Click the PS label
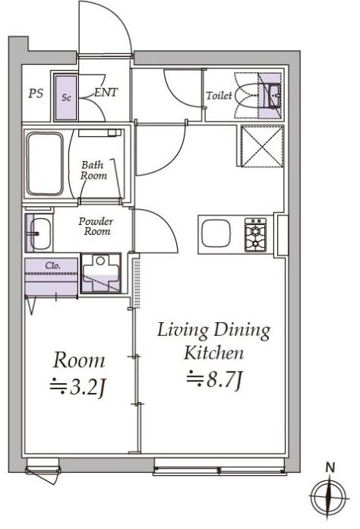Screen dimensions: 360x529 click(x=36, y=93)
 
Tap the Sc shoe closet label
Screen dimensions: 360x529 click(x=66, y=98)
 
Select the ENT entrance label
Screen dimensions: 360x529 click(x=106, y=93)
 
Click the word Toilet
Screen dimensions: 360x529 click(x=219, y=96)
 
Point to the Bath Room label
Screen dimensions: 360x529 click(x=93, y=170)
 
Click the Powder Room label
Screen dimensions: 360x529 click(x=96, y=226)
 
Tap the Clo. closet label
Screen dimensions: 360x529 click(x=53, y=265)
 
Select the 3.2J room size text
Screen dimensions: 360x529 click(x=78, y=388)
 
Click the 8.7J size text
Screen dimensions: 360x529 click(x=215, y=379)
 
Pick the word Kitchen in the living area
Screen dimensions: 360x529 click(x=213, y=353)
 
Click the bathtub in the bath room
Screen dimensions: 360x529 click(x=45, y=164)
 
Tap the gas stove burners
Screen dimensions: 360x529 click(x=255, y=235)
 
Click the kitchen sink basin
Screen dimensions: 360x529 click(x=216, y=234)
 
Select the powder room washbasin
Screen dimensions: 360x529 click(x=39, y=233)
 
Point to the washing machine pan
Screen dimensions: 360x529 click(x=101, y=274)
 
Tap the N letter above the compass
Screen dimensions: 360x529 click(x=330, y=468)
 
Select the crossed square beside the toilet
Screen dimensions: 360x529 click(x=262, y=146)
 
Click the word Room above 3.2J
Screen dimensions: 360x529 click(x=79, y=360)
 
